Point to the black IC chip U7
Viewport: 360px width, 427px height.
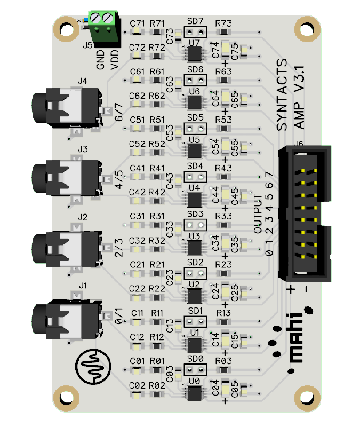tap(194, 52)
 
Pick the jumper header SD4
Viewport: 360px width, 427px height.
tap(195, 176)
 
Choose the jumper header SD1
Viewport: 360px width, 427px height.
tap(195, 321)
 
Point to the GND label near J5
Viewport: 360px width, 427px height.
tap(100, 58)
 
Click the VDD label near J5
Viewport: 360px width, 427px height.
tap(114, 58)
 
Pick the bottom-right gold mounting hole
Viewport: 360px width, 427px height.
tap(306, 398)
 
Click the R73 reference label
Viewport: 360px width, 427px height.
tap(223, 23)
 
